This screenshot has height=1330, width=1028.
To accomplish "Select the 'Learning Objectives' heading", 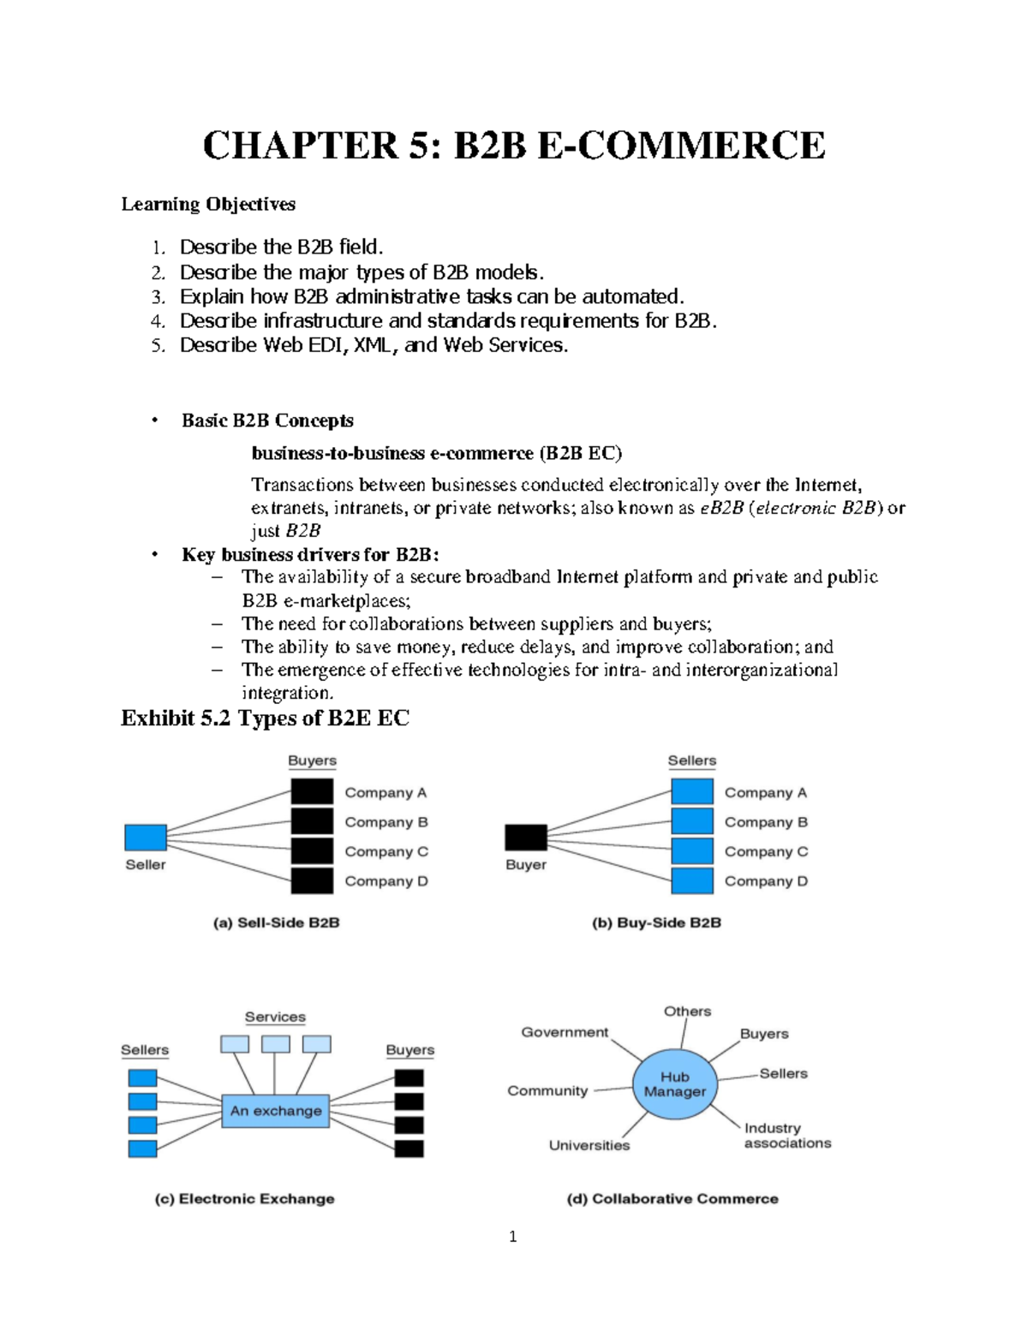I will pyautogui.click(x=208, y=204).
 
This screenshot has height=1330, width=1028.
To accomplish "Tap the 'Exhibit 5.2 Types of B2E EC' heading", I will pyautogui.click(x=265, y=718).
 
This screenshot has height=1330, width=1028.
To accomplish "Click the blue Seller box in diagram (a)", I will pyautogui.click(x=146, y=837).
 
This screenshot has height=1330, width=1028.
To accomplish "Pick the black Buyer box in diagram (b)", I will pyautogui.click(x=526, y=837).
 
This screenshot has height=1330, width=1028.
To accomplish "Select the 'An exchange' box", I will pyautogui.click(x=276, y=1111).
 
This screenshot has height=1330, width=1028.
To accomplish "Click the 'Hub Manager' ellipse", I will pyautogui.click(x=675, y=1084).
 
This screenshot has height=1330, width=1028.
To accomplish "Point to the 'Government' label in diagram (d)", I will pyautogui.click(x=565, y=1032).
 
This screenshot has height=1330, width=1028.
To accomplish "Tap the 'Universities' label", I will pyautogui.click(x=589, y=1145).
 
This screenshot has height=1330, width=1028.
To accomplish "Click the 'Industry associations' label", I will pyautogui.click(x=787, y=1136).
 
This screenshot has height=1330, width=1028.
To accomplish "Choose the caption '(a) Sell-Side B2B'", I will pyautogui.click(x=276, y=922).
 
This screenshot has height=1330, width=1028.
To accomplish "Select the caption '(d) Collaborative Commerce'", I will pyautogui.click(x=672, y=1198).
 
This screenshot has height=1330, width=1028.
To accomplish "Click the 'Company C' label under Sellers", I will pyautogui.click(x=766, y=851).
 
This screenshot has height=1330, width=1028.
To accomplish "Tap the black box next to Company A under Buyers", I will pyautogui.click(x=312, y=791).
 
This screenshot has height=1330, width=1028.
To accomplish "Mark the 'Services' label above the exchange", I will pyautogui.click(x=275, y=1017).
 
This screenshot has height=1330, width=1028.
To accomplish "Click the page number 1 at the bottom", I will pyautogui.click(x=512, y=1236).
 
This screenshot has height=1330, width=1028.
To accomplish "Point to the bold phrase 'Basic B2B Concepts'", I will pyautogui.click(x=267, y=420).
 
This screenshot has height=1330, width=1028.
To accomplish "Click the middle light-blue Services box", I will pyautogui.click(x=276, y=1044).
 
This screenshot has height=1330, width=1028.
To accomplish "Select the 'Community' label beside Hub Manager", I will pyautogui.click(x=547, y=1090).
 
